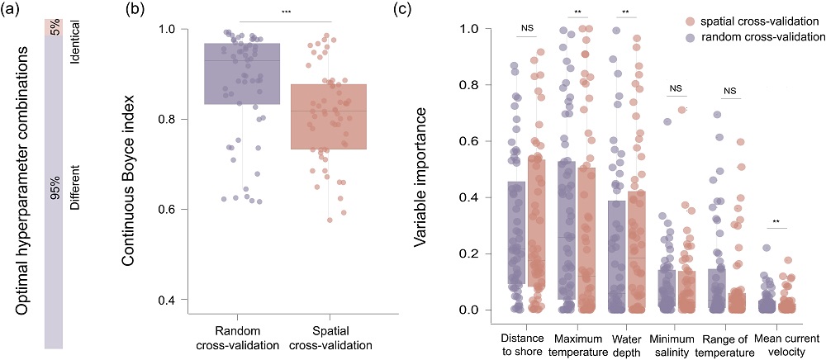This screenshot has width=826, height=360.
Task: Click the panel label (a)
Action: (13, 10)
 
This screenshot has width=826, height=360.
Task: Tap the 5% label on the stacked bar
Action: (55, 26)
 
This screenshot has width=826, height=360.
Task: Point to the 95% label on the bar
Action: (55, 189)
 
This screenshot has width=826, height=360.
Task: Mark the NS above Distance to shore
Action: (527, 28)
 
